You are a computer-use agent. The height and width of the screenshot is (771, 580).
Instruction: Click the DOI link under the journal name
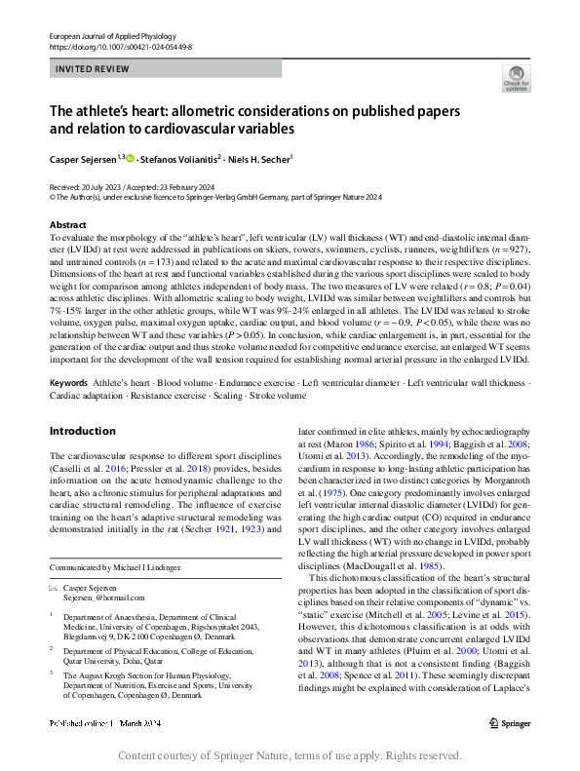coord(120,46)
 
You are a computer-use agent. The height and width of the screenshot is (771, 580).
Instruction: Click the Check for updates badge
coord(515,78)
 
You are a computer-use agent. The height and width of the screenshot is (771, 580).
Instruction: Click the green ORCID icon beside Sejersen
coord(130,158)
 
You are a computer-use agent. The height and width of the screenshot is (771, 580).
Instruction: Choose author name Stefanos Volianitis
coord(179,158)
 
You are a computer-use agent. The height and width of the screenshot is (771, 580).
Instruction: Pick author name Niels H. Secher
coord(261,158)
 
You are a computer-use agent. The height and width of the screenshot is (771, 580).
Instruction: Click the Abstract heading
coord(68,225)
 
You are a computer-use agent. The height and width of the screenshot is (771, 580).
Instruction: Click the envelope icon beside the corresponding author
coord(53,588)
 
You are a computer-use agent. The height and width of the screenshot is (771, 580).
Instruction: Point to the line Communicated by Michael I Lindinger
coord(117,567)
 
